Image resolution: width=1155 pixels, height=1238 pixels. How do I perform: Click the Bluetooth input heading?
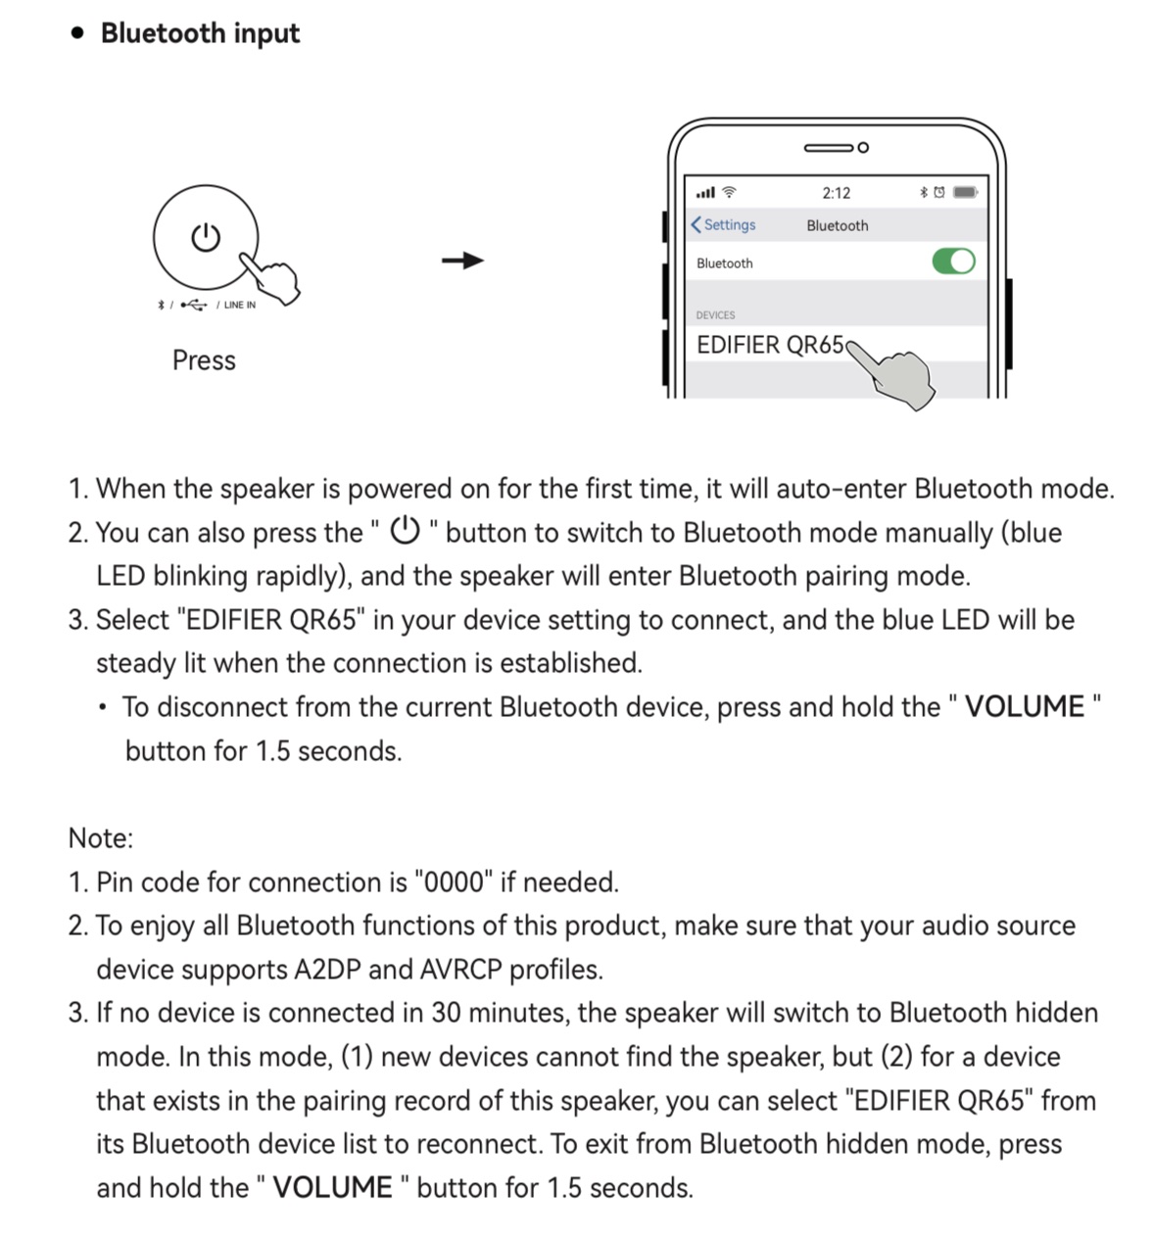point(199,33)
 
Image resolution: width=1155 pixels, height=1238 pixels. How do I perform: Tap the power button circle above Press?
point(206,237)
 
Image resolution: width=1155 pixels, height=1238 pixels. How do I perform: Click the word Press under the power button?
point(204,360)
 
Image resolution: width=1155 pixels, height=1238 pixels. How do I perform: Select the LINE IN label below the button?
point(239,305)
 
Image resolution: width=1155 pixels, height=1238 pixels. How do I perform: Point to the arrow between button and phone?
point(462,261)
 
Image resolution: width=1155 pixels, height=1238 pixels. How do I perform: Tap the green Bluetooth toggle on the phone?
point(953,262)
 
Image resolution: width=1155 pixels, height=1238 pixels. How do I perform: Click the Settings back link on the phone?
point(724,225)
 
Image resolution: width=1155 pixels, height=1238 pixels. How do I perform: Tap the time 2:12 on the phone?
point(837,193)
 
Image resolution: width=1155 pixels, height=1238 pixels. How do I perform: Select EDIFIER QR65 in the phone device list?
point(770,345)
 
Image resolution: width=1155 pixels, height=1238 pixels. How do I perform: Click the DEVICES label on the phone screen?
point(715,315)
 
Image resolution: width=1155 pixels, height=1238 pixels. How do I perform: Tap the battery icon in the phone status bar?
point(965,192)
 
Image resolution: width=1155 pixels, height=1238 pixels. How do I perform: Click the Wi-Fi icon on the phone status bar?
point(729,193)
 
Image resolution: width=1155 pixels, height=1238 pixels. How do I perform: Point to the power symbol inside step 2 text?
point(405,532)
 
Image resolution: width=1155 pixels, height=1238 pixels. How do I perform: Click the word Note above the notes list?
point(101,838)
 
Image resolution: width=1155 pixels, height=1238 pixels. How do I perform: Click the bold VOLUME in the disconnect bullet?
point(1024,707)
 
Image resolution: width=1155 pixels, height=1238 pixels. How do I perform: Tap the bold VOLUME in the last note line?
point(332,1188)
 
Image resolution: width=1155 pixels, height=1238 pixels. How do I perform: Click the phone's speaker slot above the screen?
point(829,148)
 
